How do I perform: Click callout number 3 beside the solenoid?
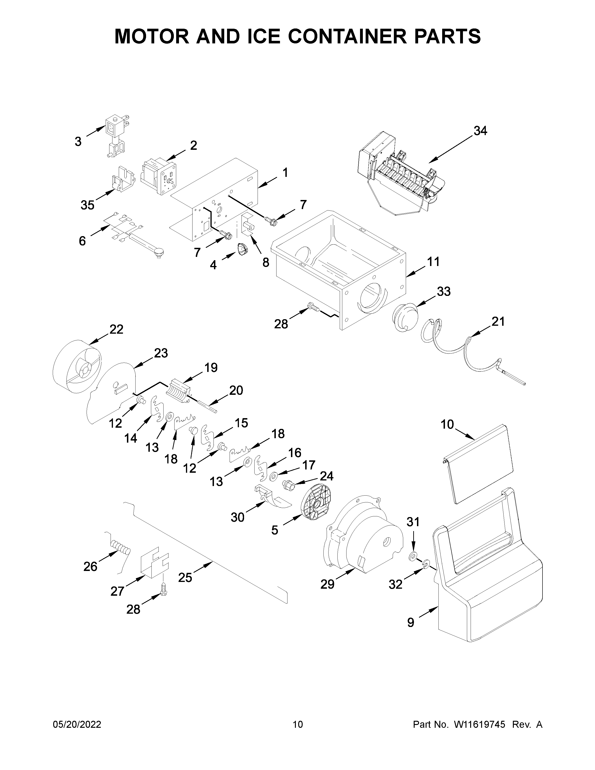pos(78,142)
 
